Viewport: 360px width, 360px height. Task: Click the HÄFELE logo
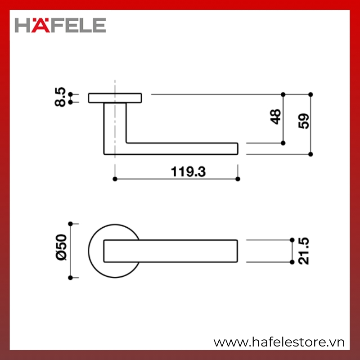point(60,25)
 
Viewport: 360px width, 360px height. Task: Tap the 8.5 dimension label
point(60,97)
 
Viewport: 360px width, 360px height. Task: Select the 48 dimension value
point(276,117)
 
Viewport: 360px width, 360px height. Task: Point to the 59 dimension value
point(303,121)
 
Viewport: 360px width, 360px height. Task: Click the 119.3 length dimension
point(188,172)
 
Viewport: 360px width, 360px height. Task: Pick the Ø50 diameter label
point(61,247)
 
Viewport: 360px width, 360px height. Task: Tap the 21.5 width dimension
point(303,251)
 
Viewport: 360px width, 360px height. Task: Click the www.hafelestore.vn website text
point(279,342)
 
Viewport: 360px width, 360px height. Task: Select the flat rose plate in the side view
point(115,98)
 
